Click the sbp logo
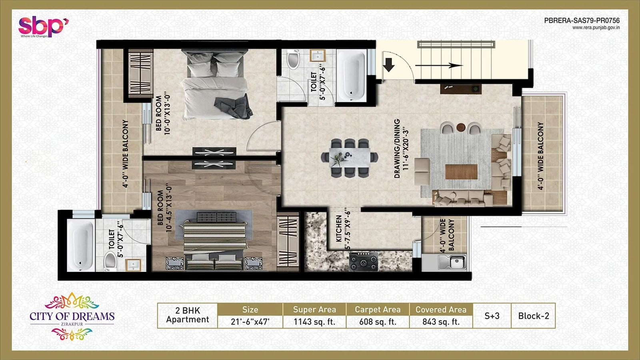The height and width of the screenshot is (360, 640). [x=43, y=26]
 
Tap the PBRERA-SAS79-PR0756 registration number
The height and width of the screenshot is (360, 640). [x=582, y=20]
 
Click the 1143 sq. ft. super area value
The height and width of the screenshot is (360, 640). [x=314, y=322]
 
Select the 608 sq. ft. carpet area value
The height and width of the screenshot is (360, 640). [x=377, y=322]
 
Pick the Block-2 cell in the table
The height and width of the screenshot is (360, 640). [x=533, y=316]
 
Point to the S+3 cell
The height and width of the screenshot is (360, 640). [x=492, y=316]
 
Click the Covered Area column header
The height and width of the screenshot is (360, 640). [x=441, y=310]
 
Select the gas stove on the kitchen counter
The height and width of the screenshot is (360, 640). [x=363, y=262]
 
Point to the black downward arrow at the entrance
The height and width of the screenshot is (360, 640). [x=388, y=64]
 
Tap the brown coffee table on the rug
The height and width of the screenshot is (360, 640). [x=461, y=172]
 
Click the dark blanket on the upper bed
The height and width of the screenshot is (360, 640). [x=234, y=107]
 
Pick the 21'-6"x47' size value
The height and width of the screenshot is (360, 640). [x=250, y=322]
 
